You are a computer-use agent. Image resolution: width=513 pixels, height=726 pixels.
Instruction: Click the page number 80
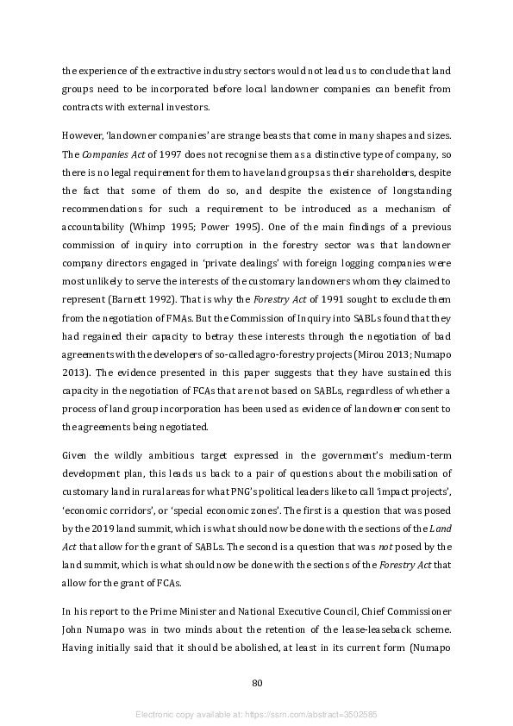[256, 684]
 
